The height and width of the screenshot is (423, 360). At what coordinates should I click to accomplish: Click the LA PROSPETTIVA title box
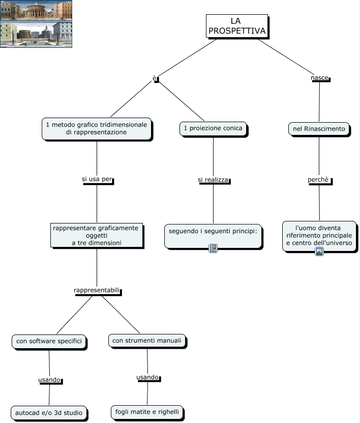coord(236,26)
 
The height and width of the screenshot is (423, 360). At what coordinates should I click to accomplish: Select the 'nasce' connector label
coord(319,78)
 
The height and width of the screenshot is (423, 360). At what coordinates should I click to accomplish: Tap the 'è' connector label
coord(156,78)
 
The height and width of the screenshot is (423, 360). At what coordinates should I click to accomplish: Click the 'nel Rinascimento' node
coord(319,129)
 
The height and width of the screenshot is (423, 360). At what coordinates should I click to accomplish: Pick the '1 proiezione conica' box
coord(213,129)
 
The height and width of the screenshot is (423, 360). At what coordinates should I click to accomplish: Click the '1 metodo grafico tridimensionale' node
coord(97,128)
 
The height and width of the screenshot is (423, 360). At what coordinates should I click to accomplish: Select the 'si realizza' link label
coord(213,180)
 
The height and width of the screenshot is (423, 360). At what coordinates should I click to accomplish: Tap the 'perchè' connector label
coord(319,180)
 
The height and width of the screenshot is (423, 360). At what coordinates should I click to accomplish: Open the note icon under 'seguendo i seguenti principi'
coord(213,248)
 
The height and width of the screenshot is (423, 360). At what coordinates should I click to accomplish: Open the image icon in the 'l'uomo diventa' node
coord(319,251)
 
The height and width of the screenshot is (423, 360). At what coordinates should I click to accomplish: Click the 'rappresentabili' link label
coord(97,290)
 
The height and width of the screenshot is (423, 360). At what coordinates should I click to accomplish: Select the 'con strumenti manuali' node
coord(146,341)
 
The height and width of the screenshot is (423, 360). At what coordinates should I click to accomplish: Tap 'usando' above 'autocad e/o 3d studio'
coord(49,380)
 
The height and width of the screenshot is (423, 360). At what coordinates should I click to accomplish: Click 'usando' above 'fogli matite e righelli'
coord(147,377)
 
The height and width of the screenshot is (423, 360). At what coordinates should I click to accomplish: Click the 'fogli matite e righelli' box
coord(146,411)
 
